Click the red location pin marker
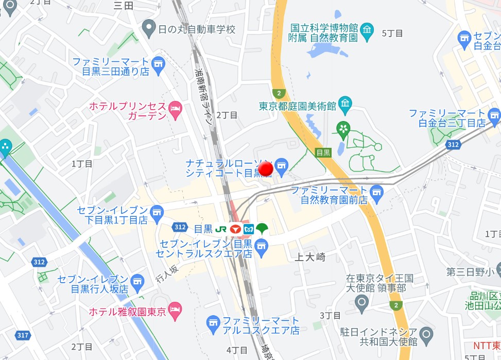tap(266, 169)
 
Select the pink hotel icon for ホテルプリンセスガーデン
tap(176, 110)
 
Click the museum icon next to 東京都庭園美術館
tap(344, 106)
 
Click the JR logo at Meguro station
tap(221, 229)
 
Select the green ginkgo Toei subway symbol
tap(262, 229)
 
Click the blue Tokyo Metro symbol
tap(249, 229)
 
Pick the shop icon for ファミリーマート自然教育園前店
tap(377, 192)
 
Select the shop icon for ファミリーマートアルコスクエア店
tap(213, 324)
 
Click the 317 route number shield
tap(22, 335)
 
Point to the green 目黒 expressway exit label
tap(323, 152)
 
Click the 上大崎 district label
tap(310, 256)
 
